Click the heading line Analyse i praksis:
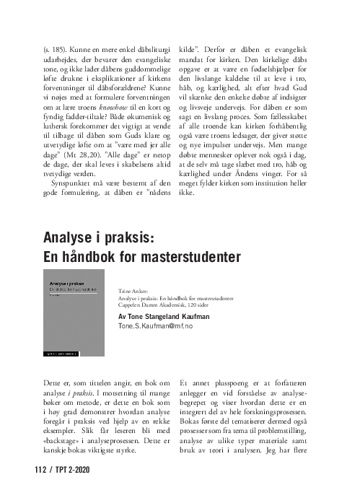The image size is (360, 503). [x=98, y=237]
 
